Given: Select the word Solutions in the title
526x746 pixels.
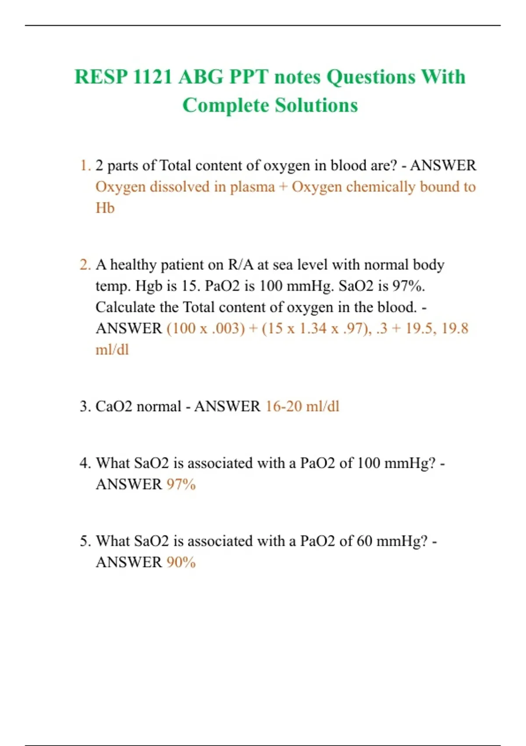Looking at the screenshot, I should coord(316,106).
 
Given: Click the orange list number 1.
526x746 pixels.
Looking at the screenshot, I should coord(85,166).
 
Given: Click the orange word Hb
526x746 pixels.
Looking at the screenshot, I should coord(105,208).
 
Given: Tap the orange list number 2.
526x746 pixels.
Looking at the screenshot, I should coord(85,265).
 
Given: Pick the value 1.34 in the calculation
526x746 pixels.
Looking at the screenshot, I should coord(313,329).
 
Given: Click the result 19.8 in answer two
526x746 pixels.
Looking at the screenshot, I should coord(455,329).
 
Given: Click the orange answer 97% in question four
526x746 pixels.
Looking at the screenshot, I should coord(181,484).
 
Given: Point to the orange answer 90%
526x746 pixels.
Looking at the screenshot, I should coord(181,563).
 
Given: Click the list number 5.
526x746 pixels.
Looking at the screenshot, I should coord(85,541).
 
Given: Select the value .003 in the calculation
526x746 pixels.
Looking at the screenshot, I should coord(225,329).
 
